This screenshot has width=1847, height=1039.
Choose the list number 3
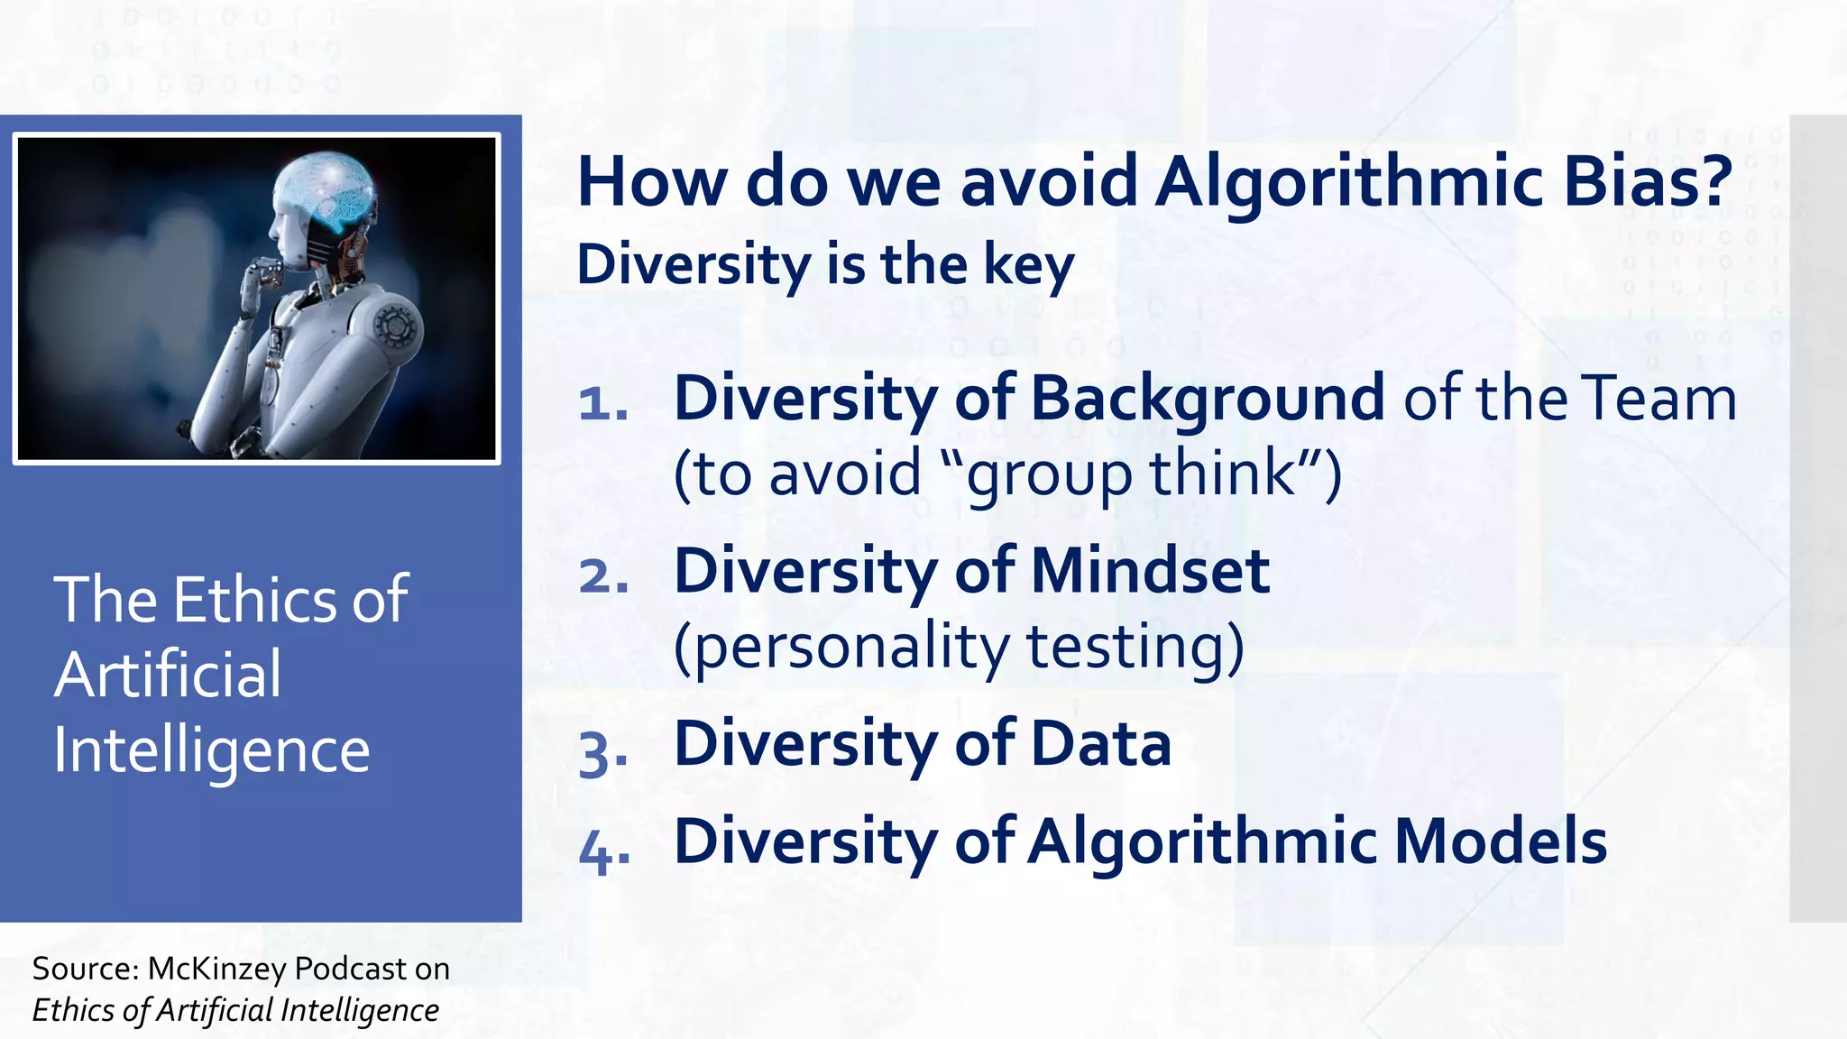point(602,754)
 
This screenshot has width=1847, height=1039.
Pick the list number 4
point(602,850)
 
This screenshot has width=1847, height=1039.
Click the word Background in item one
point(1208,399)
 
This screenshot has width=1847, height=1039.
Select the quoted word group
point(1046,474)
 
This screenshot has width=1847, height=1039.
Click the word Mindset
point(1150,572)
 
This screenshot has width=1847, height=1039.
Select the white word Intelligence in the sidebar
point(212,750)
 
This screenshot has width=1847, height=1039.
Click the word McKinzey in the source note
point(219,969)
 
